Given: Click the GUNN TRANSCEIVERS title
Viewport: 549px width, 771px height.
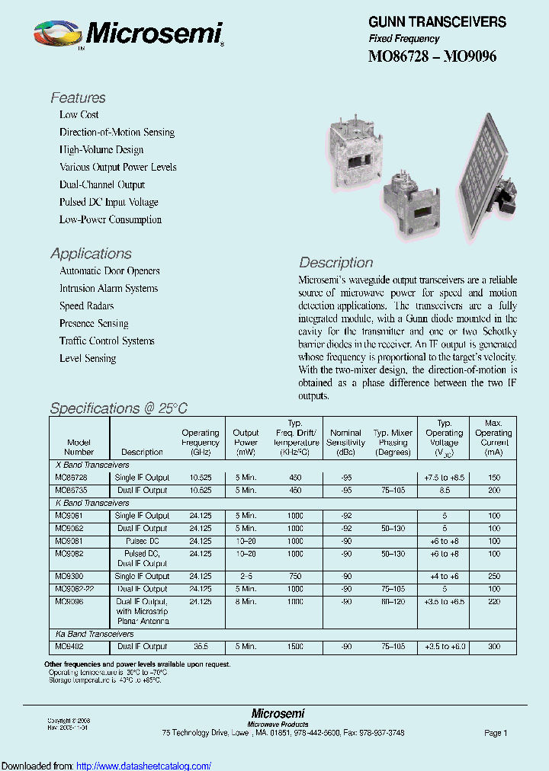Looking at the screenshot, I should point(437,22).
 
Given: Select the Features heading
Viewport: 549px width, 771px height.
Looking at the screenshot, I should point(78,98).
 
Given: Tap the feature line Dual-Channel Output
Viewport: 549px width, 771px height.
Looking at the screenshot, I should point(102,184).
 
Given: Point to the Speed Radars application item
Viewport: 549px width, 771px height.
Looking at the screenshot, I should point(87,306).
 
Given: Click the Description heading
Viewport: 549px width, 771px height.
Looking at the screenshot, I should point(335,263).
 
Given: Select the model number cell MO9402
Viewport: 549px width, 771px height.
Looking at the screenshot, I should point(70,646).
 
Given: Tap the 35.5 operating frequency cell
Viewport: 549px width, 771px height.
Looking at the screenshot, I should point(201,646).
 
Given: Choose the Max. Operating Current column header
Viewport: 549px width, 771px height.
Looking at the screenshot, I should point(493,437).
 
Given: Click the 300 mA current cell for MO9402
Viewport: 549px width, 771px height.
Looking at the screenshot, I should point(493,646).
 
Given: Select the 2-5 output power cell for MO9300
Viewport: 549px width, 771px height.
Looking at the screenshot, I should point(246,576).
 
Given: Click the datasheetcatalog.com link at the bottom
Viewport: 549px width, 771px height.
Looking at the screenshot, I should point(144,766).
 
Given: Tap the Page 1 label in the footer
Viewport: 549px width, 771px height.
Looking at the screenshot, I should point(495,733).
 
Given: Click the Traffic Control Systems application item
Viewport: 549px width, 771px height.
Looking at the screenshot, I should point(107,341).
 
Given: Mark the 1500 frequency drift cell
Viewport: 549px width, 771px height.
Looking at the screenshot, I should point(295,646).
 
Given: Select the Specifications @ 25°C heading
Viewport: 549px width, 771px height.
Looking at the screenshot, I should point(118,408).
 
